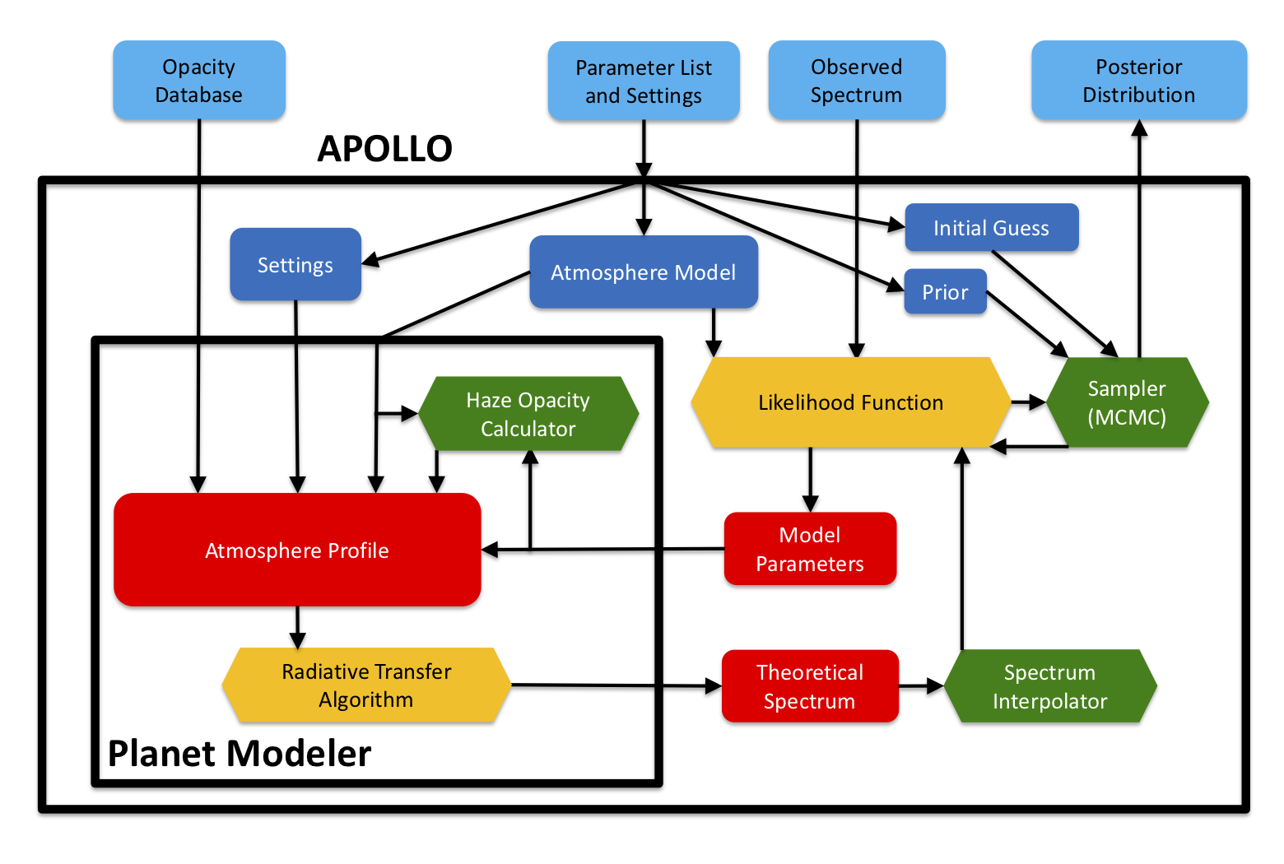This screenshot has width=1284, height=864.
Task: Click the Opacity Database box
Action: click(x=199, y=81)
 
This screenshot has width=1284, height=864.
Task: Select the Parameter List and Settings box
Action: click(x=644, y=81)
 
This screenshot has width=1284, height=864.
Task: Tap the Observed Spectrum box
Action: click(x=856, y=81)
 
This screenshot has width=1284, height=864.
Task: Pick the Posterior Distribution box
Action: click(x=1138, y=81)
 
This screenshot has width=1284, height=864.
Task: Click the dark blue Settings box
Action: click(x=295, y=265)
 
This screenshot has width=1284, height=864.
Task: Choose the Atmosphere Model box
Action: click(x=643, y=272)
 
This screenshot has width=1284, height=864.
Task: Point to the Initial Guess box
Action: click(x=991, y=228)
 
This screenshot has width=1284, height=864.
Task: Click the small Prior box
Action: click(x=945, y=292)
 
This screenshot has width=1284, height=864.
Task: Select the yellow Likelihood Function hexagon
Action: click(x=850, y=402)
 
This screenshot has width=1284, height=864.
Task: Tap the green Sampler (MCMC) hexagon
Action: click(x=1127, y=402)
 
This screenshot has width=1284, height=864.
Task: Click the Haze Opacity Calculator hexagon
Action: click(x=528, y=414)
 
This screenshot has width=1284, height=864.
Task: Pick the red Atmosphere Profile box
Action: click(x=297, y=550)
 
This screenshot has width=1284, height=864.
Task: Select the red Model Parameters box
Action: click(x=810, y=549)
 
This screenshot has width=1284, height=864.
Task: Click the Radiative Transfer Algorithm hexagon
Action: click(x=366, y=685)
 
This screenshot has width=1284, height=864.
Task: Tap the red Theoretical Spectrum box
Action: click(x=810, y=686)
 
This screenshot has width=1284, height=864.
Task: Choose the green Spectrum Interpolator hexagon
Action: click(x=1049, y=686)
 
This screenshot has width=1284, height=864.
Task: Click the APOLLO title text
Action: click(x=385, y=149)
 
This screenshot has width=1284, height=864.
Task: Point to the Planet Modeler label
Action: click(x=240, y=754)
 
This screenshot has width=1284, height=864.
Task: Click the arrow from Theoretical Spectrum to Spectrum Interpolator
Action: click(x=921, y=685)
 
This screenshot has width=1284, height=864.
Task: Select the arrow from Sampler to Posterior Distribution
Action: click(x=1139, y=239)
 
